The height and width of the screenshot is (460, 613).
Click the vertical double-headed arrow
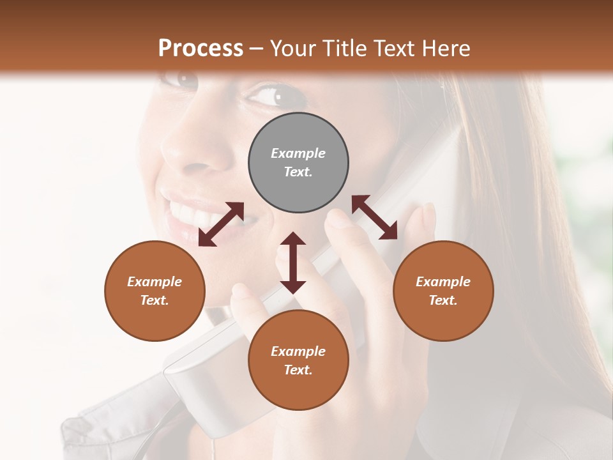(x=293, y=263)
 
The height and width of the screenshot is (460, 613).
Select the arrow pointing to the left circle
(x=221, y=224)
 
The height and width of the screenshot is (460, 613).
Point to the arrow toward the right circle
(x=375, y=217)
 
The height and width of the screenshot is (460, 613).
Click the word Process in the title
(x=201, y=49)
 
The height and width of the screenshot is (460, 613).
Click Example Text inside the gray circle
(x=298, y=162)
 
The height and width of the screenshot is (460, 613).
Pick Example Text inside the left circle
(x=155, y=291)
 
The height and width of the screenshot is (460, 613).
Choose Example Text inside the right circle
(x=443, y=291)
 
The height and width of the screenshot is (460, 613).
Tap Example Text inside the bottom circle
(x=298, y=360)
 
